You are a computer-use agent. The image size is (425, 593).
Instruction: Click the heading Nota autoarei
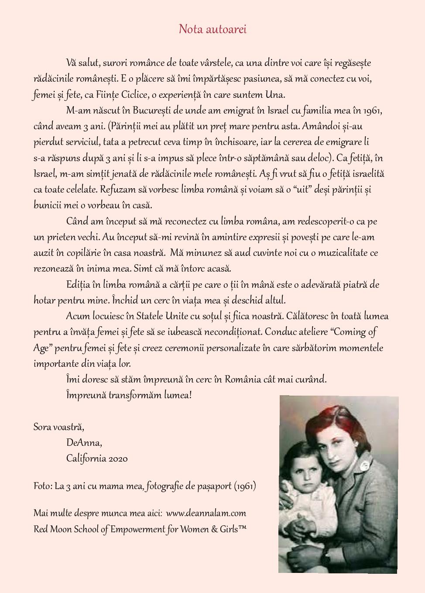pyautogui.click(x=212, y=29)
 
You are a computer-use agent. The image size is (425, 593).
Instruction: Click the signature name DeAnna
pyautogui.click(x=84, y=443)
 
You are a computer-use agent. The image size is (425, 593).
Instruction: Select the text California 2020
pyautogui.click(x=97, y=459)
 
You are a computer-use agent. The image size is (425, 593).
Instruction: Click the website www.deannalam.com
pyautogui.click(x=206, y=513)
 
